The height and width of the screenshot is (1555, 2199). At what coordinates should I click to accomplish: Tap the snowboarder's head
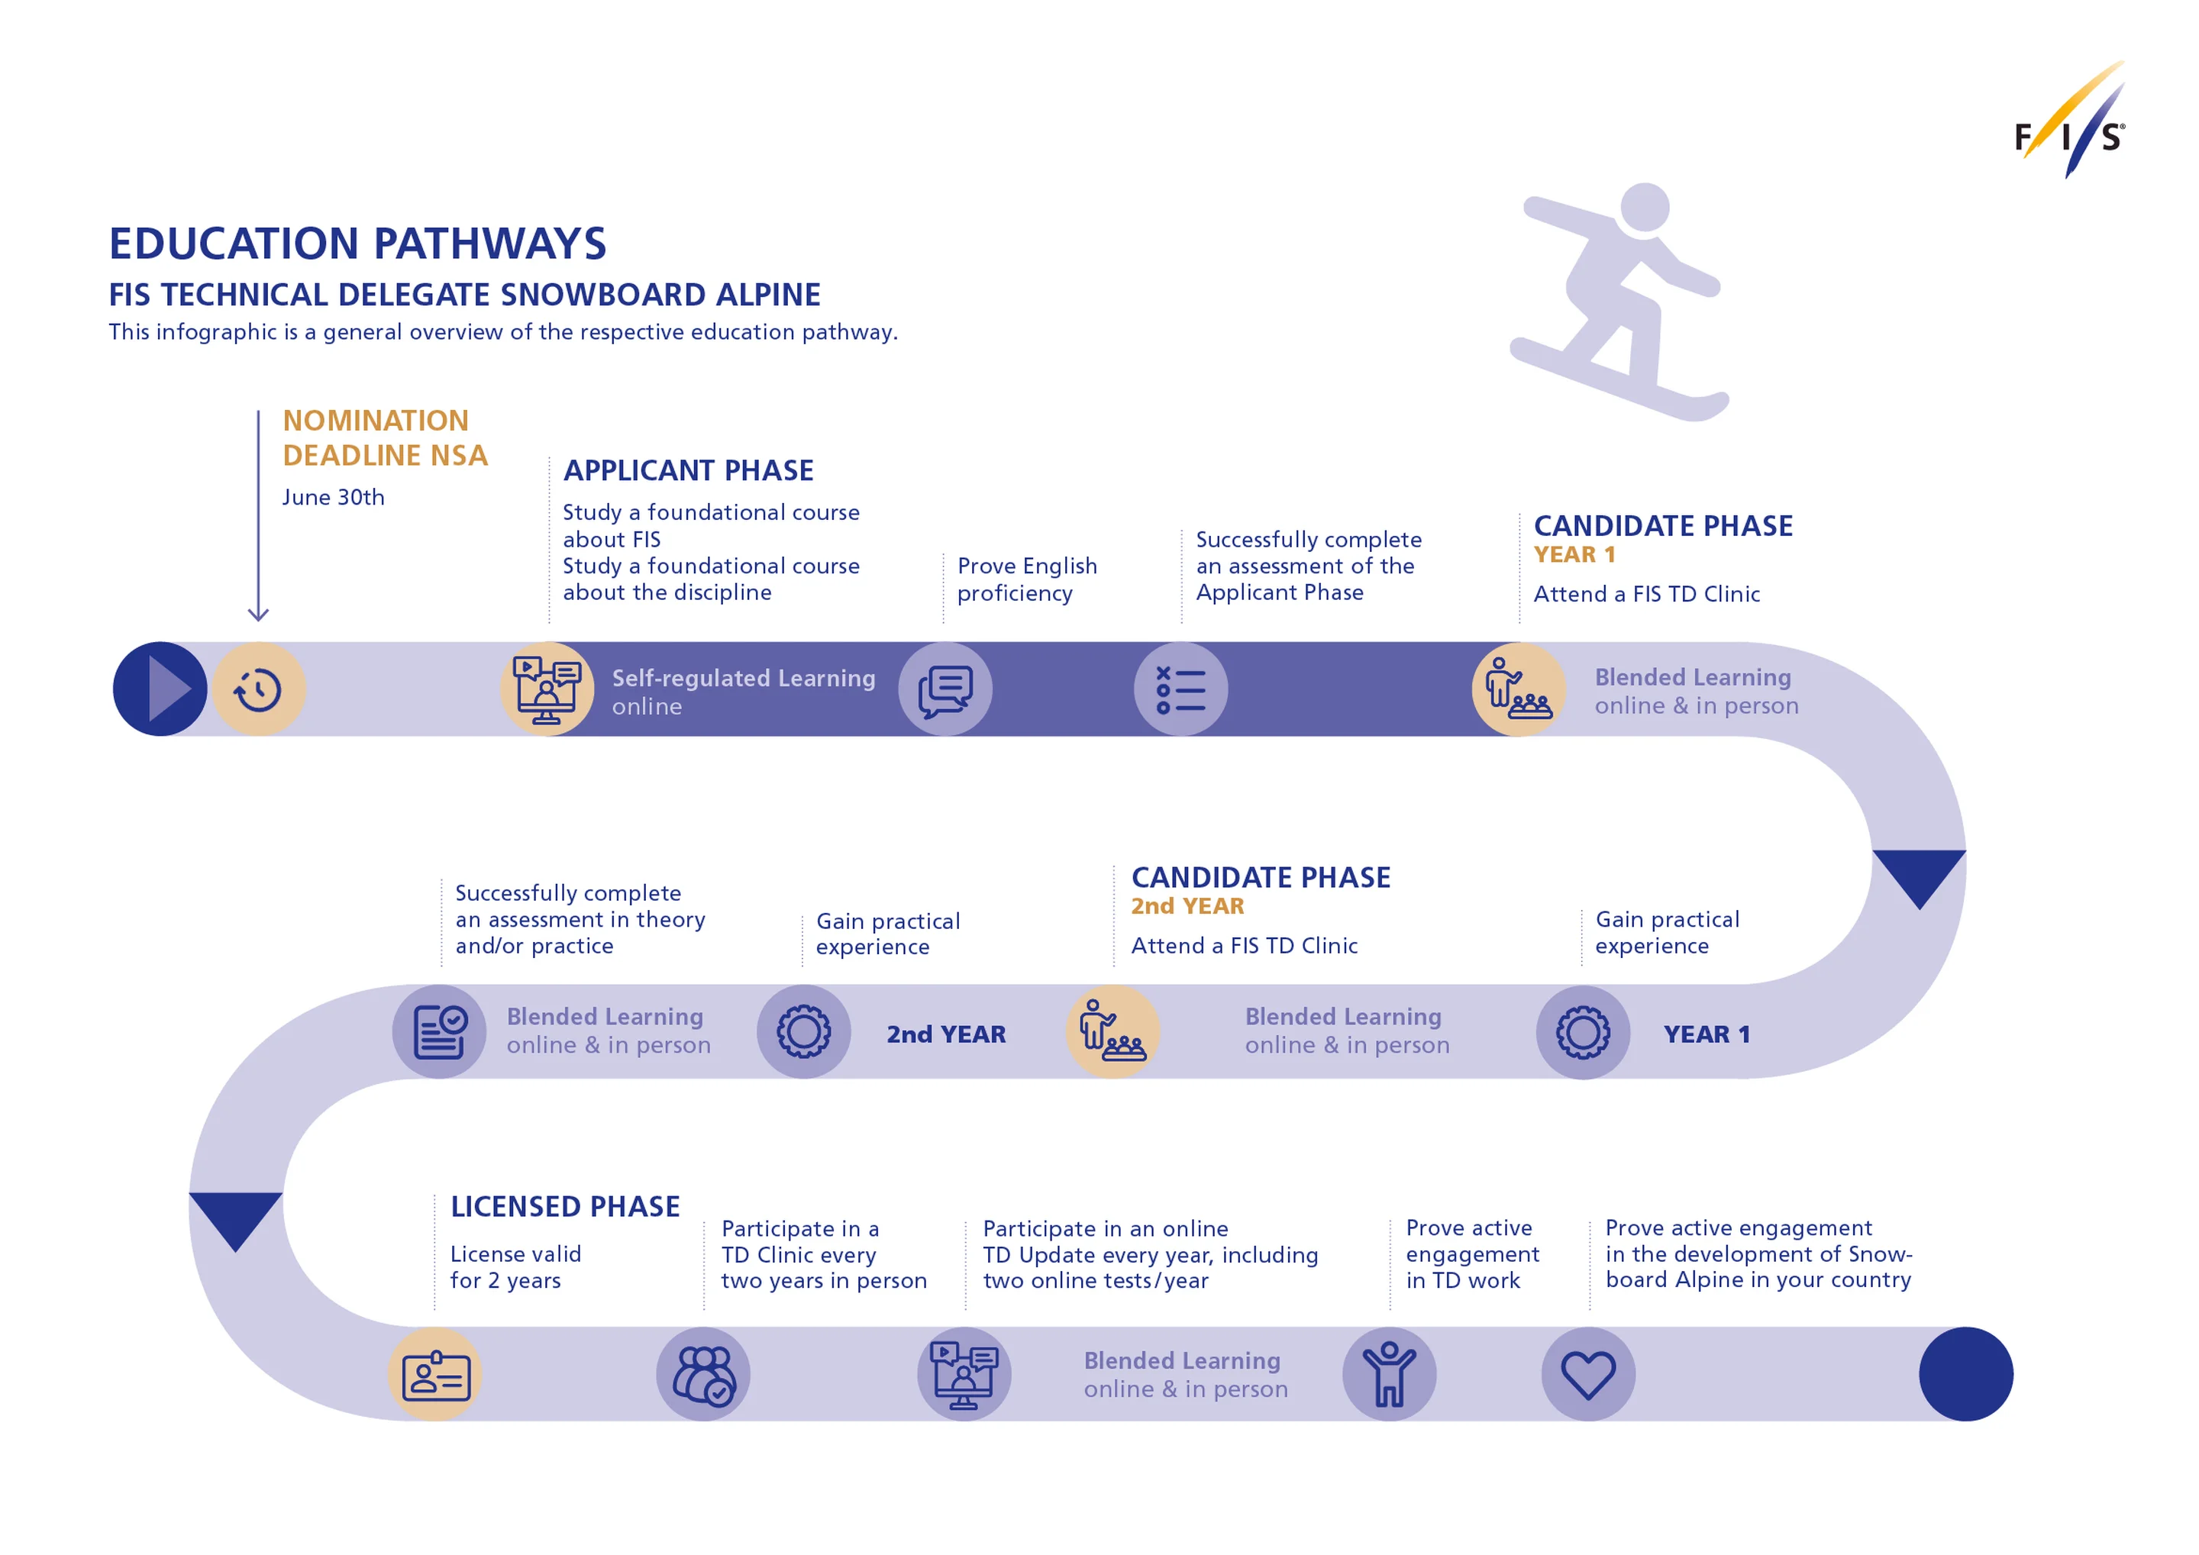click(x=1645, y=206)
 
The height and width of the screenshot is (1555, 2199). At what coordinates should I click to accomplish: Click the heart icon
click(x=1588, y=1374)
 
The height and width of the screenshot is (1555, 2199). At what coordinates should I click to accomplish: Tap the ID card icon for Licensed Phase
click(x=436, y=1376)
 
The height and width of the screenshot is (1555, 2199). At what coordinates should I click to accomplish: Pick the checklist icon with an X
click(x=1181, y=689)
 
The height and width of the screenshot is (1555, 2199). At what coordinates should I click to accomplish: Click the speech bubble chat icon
click(x=945, y=689)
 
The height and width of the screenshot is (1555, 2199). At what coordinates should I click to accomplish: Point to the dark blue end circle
click(x=1965, y=1374)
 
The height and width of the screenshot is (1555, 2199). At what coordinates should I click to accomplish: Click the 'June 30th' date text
click(x=334, y=497)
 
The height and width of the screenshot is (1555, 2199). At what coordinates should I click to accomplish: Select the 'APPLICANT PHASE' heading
click(x=688, y=470)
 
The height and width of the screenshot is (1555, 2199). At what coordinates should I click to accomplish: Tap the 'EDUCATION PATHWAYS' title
click(x=357, y=244)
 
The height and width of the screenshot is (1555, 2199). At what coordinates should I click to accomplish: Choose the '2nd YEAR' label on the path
click(x=945, y=1034)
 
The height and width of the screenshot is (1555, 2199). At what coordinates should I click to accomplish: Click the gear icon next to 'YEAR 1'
click(x=1583, y=1032)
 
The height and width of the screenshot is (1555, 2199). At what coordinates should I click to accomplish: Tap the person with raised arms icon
click(x=1389, y=1374)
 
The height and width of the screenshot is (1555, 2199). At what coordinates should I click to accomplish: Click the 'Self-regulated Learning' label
click(x=743, y=678)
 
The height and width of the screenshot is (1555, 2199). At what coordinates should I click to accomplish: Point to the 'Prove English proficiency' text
click(x=1027, y=579)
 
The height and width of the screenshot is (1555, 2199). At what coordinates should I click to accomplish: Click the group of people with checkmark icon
click(x=703, y=1375)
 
